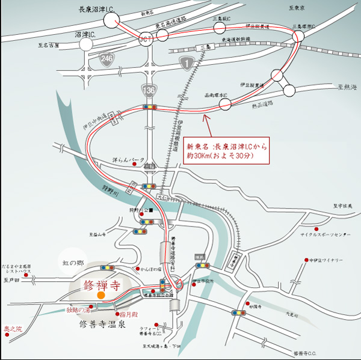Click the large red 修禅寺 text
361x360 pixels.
[x=109, y=282]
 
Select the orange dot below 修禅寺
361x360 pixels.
[x=101, y=295]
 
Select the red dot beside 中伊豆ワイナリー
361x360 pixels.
[x=305, y=260]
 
